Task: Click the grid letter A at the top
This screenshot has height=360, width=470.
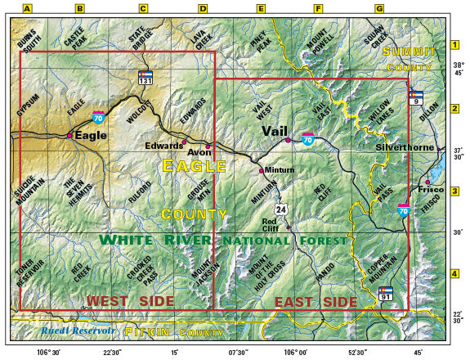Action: coord(27,9)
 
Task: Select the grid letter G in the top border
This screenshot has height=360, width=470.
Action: coord(379,9)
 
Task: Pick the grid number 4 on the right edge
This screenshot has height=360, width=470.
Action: coord(454,273)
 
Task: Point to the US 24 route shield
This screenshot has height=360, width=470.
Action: coord(280,209)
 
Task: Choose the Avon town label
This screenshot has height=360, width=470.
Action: coord(199,152)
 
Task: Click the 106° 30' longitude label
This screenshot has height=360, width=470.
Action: coord(51,352)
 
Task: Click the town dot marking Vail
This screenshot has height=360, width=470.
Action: coord(288,141)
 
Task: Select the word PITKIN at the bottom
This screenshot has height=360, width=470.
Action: coord(145,332)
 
